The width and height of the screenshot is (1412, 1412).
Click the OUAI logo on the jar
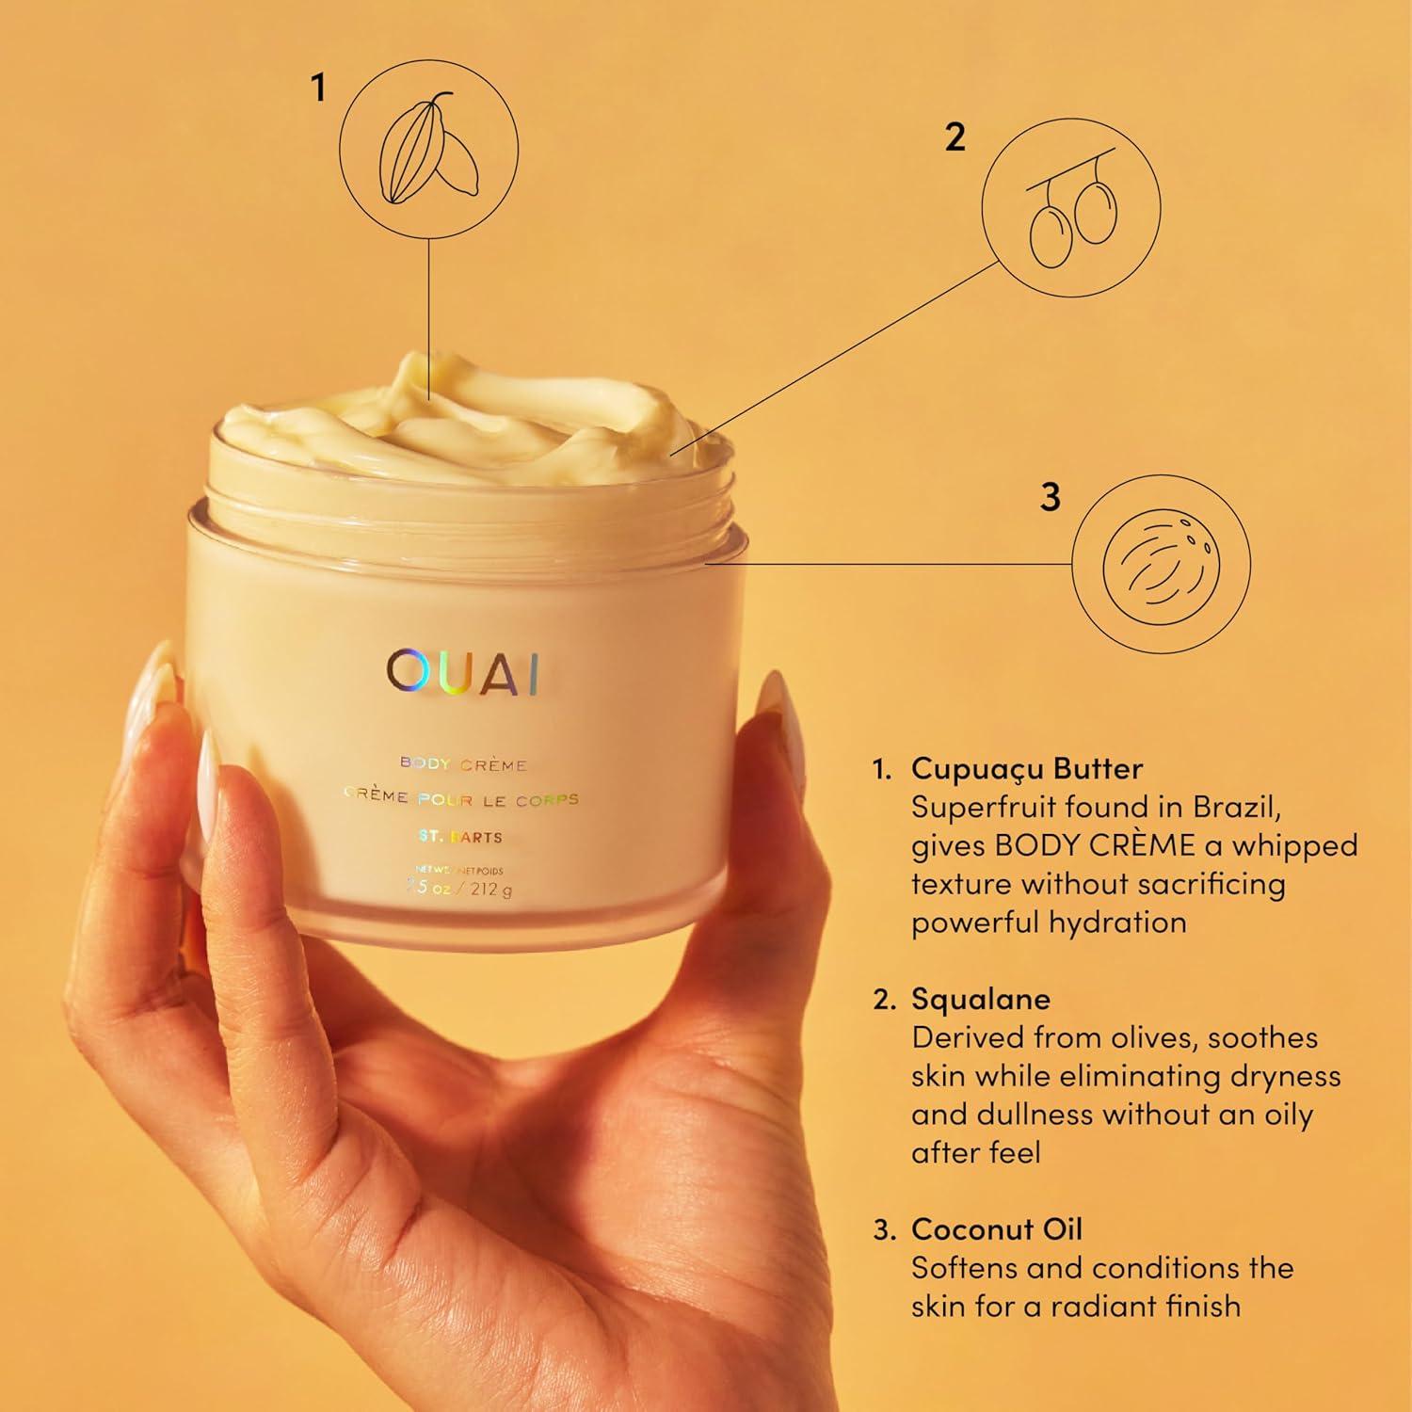click(462, 671)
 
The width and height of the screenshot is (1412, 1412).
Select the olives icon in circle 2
click(1070, 218)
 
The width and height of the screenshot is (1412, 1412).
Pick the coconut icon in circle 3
click(1161, 565)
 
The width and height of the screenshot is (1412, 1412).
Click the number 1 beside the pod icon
click(319, 88)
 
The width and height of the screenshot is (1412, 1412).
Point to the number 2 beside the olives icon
click(955, 137)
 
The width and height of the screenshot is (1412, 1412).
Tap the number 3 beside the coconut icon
click(1051, 496)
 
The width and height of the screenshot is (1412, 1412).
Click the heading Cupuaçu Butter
click(1026, 768)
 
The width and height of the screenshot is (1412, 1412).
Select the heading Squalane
click(980, 999)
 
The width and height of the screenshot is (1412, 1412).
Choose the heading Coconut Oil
click(997, 1228)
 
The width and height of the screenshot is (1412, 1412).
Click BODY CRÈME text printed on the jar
click(462, 764)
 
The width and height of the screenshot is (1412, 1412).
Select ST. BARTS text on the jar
click(462, 837)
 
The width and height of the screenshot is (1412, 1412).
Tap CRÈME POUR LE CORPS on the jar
click(462, 798)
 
